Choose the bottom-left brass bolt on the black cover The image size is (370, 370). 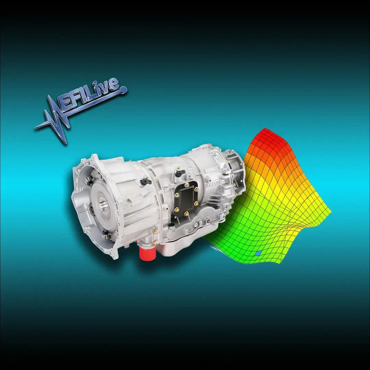coord(177,210)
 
